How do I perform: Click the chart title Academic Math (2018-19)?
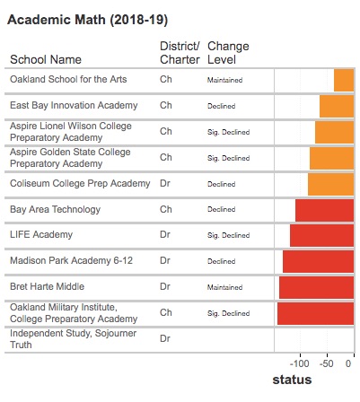[x=87, y=20]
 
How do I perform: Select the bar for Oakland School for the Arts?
[x=344, y=80]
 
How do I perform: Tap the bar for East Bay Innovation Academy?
[x=337, y=106]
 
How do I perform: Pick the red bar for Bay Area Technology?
[x=325, y=210]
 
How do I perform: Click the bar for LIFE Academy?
[x=322, y=235]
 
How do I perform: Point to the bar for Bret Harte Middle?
[x=317, y=287]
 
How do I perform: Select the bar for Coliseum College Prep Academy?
[x=331, y=184]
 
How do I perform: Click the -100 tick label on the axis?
[x=300, y=363]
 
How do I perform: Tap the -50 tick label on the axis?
[x=327, y=363]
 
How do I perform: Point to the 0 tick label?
[x=348, y=363]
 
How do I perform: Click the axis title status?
[x=292, y=380]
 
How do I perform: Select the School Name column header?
[x=46, y=59]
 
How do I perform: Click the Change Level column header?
[x=228, y=53]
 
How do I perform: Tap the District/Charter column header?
[x=180, y=53]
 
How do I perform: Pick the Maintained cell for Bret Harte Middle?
[x=224, y=287]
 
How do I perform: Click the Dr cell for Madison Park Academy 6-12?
[x=165, y=260]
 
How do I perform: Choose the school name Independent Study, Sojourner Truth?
[x=73, y=339]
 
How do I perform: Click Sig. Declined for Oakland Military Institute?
[x=228, y=313]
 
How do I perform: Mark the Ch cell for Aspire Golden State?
[x=166, y=157]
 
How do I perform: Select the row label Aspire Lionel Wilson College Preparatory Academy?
[x=71, y=132]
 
